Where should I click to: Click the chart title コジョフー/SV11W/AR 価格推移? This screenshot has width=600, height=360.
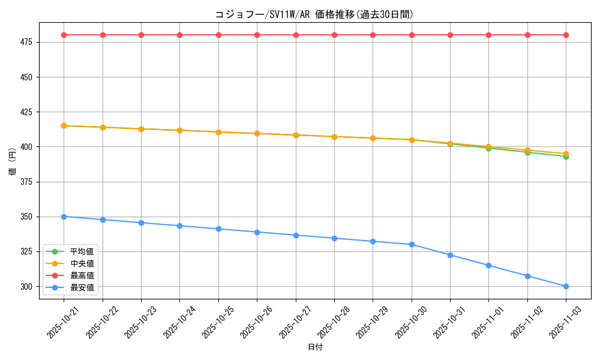click(314, 14)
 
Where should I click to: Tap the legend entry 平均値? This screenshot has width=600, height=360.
click(82, 251)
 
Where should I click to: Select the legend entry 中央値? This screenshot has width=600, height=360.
click(82, 263)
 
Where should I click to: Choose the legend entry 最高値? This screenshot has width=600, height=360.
click(82, 275)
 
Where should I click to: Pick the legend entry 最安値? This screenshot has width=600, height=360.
click(82, 287)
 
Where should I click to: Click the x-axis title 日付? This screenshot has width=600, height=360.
click(315, 347)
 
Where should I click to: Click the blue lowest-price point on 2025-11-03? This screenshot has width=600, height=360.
click(566, 286)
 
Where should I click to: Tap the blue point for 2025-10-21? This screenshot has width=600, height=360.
click(64, 217)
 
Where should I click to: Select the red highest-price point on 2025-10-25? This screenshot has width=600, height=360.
click(218, 35)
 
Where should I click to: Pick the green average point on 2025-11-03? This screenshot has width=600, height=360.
click(566, 157)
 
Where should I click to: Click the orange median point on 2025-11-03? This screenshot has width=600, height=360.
click(566, 153)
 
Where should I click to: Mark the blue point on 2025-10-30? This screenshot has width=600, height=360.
click(412, 244)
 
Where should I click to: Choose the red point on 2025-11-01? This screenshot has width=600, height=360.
click(488, 35)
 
